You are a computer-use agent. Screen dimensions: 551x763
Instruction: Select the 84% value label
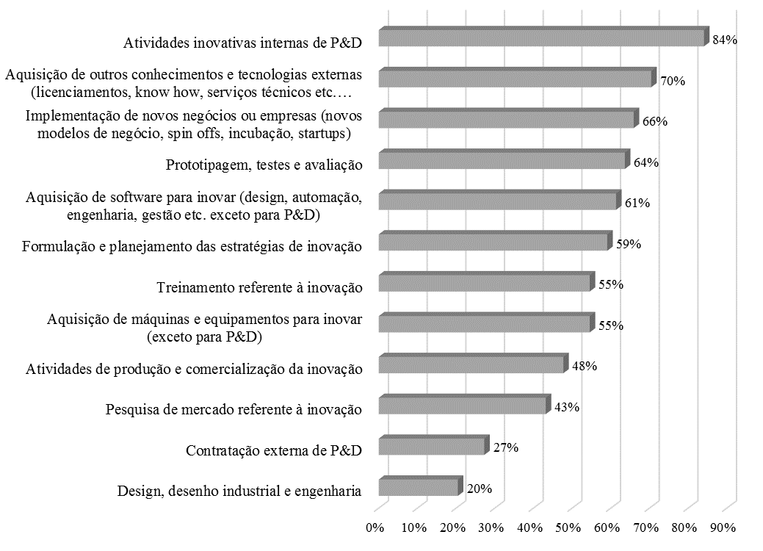click(x=724, y=40)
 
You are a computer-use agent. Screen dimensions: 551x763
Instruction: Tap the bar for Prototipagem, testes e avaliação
click(x=503, y=160)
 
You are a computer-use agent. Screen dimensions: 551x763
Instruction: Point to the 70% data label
click(x=673, y=82)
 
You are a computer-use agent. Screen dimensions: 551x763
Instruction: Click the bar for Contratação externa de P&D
click(x=432, y=446)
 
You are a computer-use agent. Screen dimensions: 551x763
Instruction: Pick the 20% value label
click(x=480, y=489)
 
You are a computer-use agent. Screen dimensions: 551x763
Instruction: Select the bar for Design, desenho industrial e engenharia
click(x=419, y=487)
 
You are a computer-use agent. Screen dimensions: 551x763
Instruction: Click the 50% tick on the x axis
click(x=569, y=527)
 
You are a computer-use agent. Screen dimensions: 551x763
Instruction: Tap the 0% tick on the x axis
click(x=375, y=527)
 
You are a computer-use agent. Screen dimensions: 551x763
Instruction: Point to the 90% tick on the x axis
click(x=724, y=527)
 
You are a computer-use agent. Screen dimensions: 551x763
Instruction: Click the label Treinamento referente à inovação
click(x=260, y=288)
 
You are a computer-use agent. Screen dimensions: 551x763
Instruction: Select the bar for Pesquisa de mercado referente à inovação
click(x=463, y=405)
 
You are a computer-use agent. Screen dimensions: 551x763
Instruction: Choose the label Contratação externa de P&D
click(x=274, y=450)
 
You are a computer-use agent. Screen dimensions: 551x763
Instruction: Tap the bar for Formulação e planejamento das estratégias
click(x=494, y=242)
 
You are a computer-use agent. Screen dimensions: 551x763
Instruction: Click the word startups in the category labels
click(x=325, y=134)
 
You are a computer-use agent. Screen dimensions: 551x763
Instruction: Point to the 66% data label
click(x=654, y=122)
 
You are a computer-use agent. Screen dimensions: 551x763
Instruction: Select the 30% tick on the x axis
click(x=491, y=527)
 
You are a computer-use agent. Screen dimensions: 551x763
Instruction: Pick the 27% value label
click(x=507, y=447)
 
